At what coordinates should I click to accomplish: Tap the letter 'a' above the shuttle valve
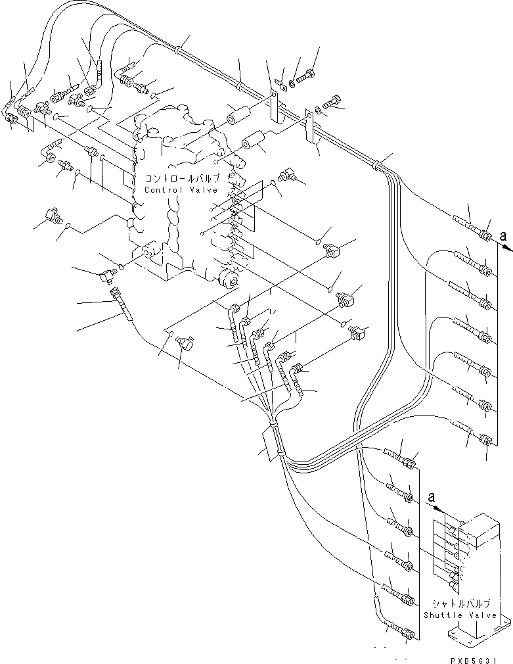[431, 498]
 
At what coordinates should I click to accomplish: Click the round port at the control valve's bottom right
[228, 281]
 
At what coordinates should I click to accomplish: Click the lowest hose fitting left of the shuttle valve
[408, 634]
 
